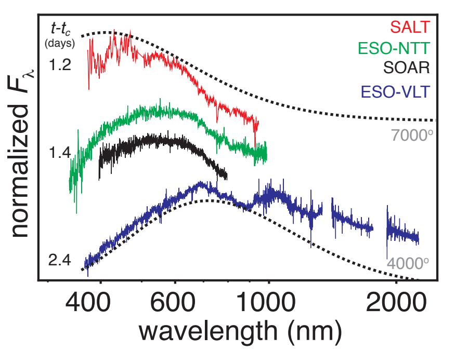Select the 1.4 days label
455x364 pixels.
60,154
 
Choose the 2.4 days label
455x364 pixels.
60,259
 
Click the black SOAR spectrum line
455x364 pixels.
156,141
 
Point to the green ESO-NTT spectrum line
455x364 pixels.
156,112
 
